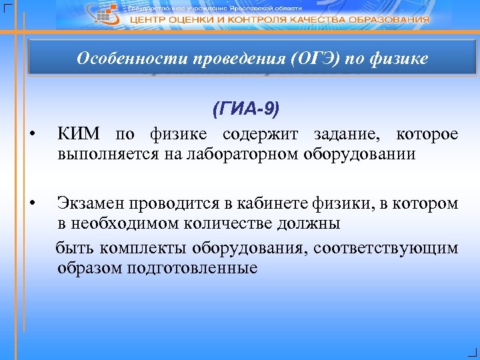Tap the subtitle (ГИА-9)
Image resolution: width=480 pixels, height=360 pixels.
[246, 109]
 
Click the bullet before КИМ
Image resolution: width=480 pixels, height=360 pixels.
[31, 136]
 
